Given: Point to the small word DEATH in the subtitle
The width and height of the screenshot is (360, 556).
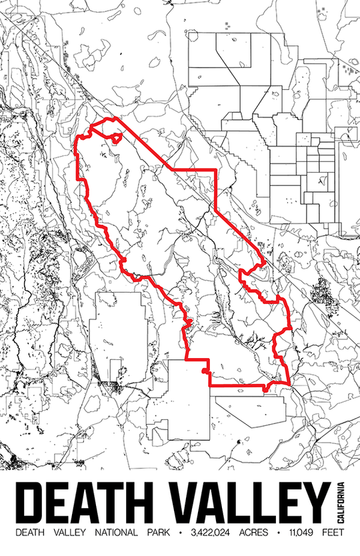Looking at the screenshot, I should (x=30, y=533).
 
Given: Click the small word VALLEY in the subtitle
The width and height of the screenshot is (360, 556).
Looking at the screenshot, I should (x=70, y=533).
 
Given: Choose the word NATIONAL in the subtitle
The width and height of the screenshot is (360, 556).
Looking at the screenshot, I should (x=117, y=533).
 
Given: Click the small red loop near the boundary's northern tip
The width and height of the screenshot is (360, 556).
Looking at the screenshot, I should (x=117, y=139).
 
